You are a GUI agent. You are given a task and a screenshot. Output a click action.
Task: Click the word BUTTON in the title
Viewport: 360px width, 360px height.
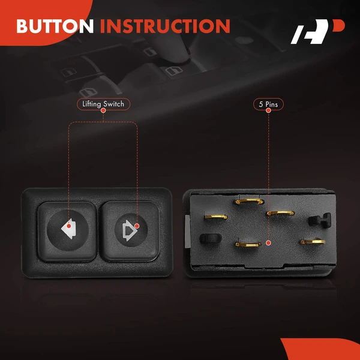click(55, 26)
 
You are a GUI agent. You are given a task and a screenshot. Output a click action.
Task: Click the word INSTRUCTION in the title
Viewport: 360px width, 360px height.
click(165, 26)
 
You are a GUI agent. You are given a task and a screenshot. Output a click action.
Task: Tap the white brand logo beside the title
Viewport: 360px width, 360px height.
click(318, 31)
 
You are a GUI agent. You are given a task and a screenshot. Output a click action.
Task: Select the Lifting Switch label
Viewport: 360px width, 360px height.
click(103, 104)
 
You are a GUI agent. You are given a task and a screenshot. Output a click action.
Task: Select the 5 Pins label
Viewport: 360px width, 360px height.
click(268, 104)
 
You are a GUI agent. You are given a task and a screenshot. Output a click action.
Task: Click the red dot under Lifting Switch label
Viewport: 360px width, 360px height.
click(103, 110)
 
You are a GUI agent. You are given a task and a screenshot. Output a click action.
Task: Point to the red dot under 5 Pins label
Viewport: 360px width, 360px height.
click(268, 110)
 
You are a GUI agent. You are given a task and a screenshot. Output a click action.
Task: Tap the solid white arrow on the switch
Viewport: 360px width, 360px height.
click(68, 229)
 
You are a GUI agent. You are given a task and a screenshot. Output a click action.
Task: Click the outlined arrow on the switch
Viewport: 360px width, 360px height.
click(130, 230)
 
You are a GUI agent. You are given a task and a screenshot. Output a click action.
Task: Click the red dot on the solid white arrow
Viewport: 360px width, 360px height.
click(68, 226)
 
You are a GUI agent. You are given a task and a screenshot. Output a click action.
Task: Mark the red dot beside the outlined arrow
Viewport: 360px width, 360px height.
click(137, 226)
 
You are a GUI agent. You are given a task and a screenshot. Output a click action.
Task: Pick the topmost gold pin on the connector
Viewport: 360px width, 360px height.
click(249, 202)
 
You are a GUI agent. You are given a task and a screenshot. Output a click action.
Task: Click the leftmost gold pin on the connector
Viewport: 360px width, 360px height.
click(216, 217)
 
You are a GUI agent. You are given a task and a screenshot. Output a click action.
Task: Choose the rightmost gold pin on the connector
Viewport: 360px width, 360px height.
click(313, 242)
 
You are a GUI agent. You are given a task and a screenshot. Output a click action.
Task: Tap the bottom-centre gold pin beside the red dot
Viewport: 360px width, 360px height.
click(248, 245)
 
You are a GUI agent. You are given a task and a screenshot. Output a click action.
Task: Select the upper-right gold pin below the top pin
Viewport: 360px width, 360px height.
click(280, 213)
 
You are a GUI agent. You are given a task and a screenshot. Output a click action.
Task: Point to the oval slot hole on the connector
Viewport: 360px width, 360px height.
click(211, 239)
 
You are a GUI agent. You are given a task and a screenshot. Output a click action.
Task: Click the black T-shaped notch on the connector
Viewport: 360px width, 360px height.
click(320, 220)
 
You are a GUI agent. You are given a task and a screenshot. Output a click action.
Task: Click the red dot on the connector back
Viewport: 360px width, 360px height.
click(268, 243)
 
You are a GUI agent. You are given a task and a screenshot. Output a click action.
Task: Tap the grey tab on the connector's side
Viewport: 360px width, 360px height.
click(188, 232)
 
